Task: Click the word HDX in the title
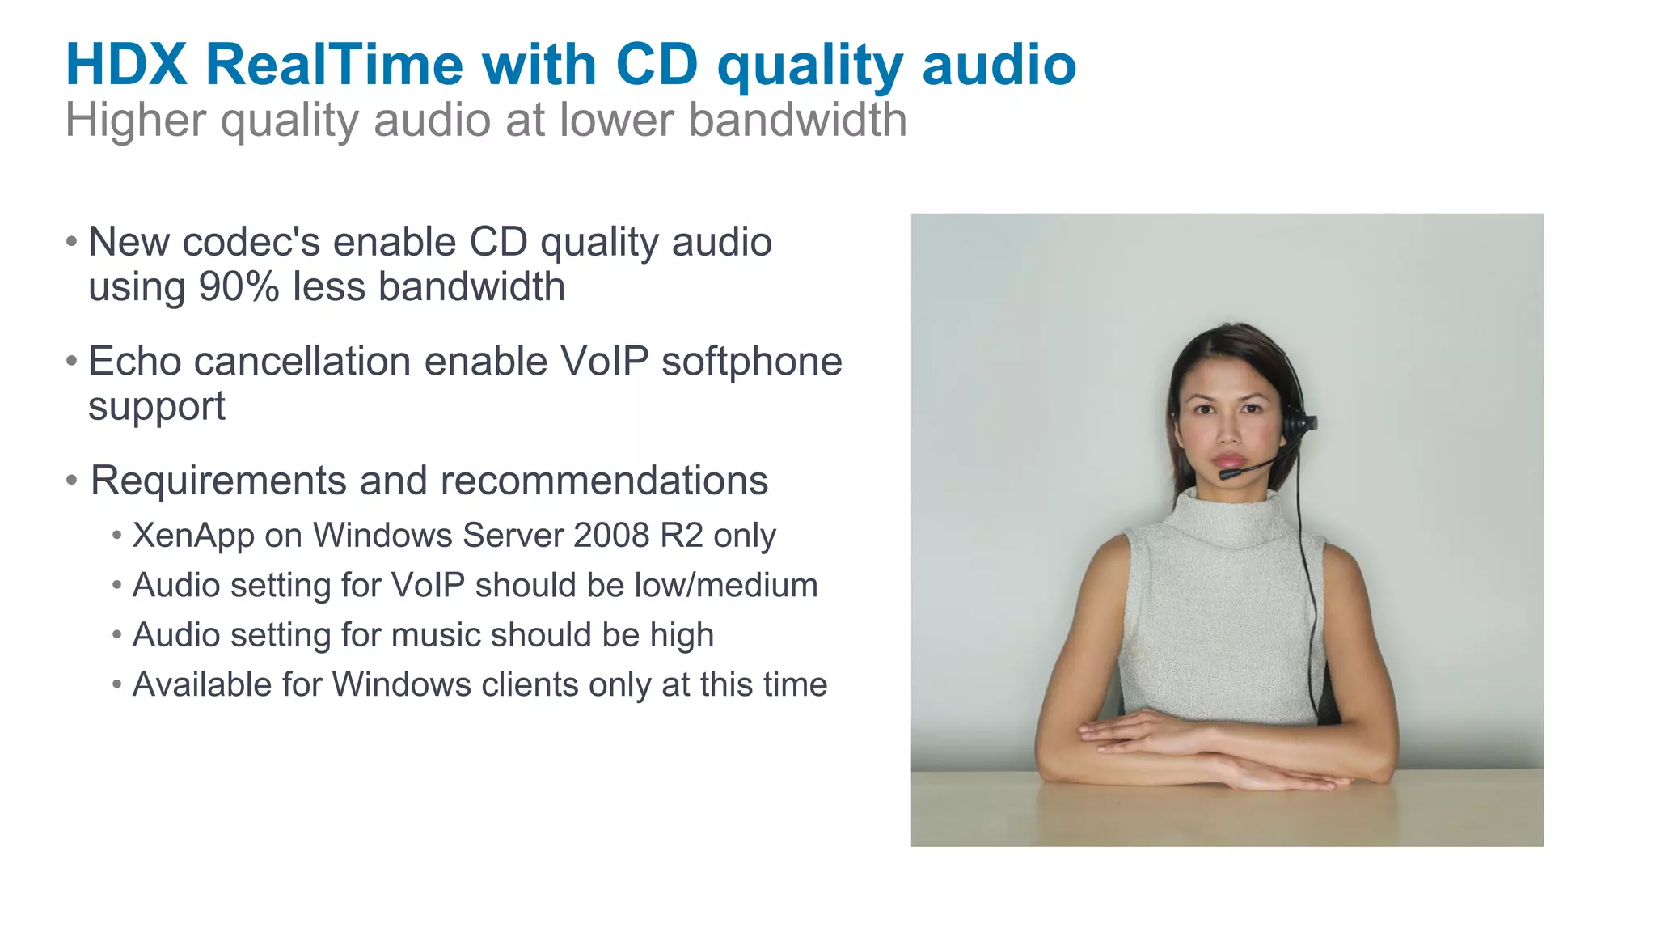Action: (x=126, y=65)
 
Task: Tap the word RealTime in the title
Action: (x=334, y=65)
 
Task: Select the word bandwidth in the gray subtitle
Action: (x=797, y=121)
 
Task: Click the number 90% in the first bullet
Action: (x=239, y=287)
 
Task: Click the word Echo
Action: (x=134, y=361)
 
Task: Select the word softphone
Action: (x=751, y=362)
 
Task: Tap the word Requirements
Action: (x=218, y=481)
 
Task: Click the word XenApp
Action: (x=193, y=536)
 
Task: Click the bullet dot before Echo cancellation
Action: (x=72, y=361)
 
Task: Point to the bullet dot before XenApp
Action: (x=117, y=536)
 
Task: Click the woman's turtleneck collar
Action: (x=1227, y=518)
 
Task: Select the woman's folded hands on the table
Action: (x=1213, y=752)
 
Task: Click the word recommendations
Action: (x=604, y=481)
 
